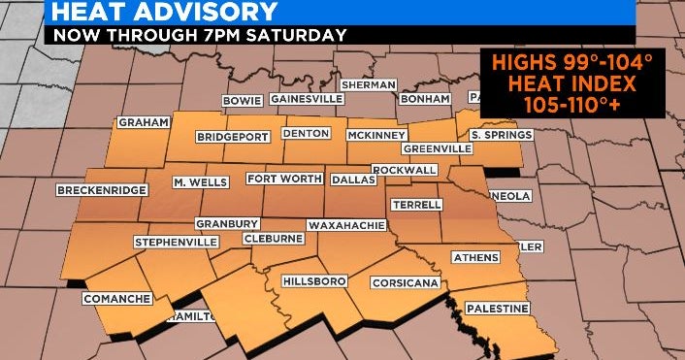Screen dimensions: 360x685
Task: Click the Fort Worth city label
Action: point(282,179)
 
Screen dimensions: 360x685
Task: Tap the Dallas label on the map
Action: point(352,179)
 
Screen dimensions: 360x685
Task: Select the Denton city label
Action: point(306,133)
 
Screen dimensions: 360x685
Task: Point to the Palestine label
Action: point(497,308)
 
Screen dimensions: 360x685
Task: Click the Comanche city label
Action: point(116,298)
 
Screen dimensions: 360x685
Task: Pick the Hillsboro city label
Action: point(313,280)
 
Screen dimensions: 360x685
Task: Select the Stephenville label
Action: point(176,241)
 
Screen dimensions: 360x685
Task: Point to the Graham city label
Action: point(144,122)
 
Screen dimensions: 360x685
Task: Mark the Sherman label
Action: point(369,84)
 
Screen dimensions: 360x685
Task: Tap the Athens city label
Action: point(475,257)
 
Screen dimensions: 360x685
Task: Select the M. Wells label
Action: point(200,181)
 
